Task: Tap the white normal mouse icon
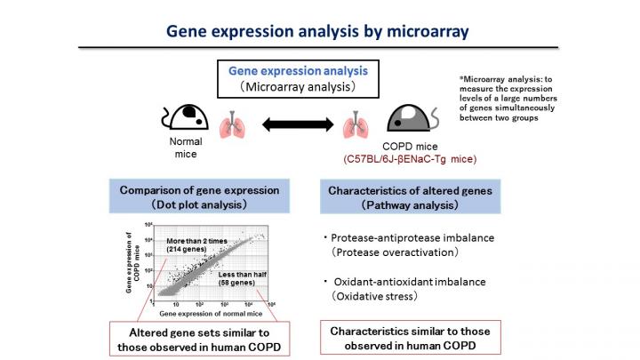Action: tap(187, 118)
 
